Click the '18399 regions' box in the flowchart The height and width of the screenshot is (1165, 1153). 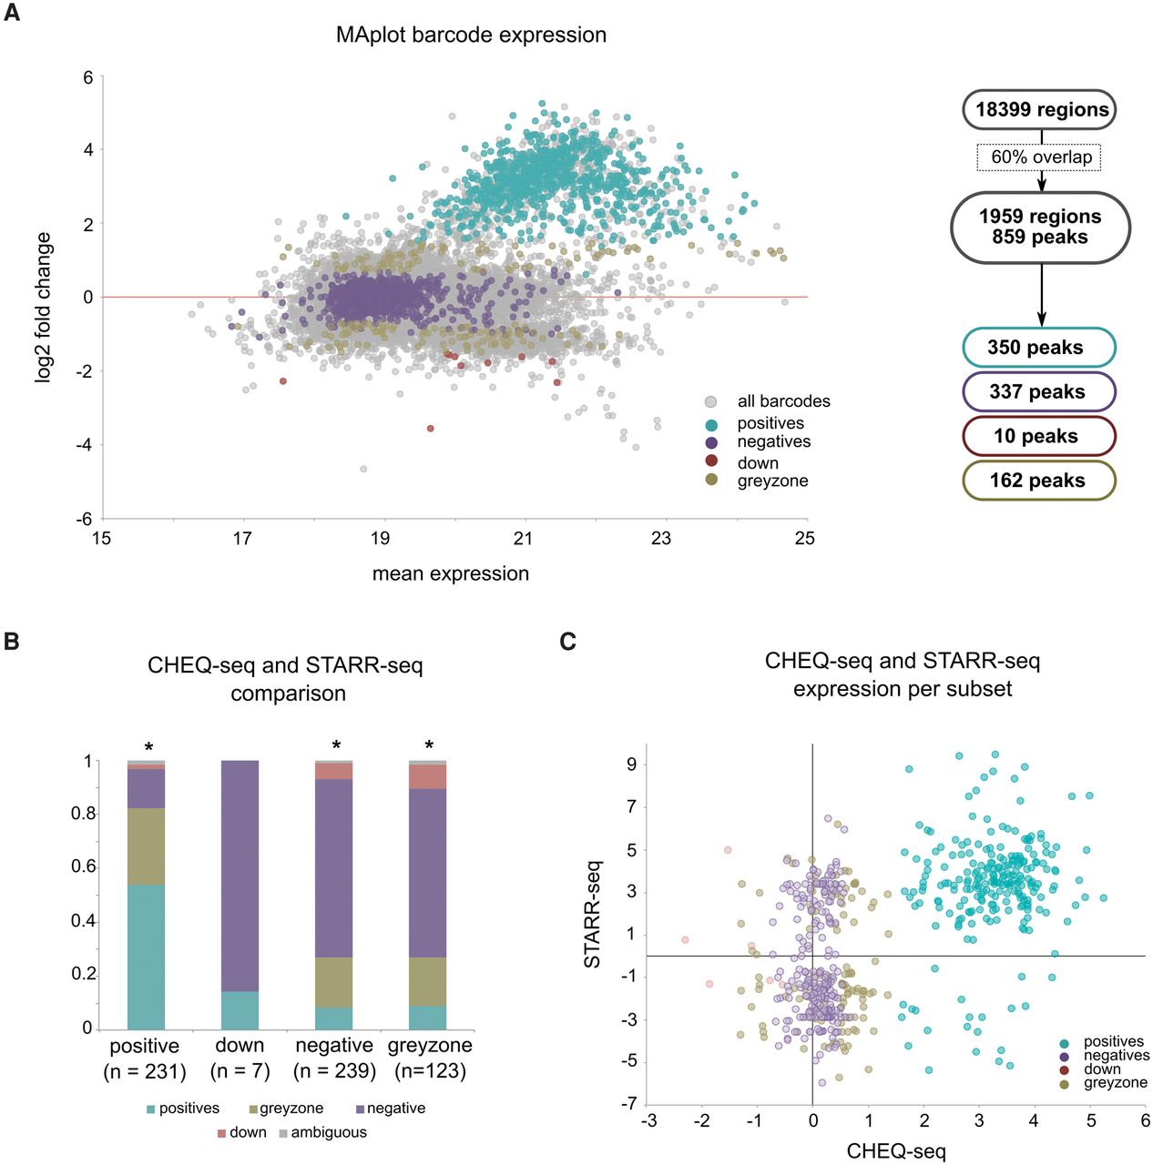1040,110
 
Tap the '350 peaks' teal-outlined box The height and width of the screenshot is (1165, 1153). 1038,348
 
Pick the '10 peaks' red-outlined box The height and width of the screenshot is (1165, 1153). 1038,436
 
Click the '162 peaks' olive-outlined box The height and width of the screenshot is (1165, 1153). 1038,481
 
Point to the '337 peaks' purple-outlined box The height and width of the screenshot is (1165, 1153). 1038,392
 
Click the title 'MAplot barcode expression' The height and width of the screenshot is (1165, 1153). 471,35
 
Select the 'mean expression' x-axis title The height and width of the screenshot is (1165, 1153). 450,573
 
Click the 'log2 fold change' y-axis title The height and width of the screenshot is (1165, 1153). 43,307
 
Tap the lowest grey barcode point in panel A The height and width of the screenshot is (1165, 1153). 363,469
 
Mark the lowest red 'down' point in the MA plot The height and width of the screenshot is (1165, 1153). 431,429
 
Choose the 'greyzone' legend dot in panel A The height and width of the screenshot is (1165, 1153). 711,480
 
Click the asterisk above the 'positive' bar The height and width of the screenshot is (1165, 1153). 148,747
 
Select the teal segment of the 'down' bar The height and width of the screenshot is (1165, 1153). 240,1010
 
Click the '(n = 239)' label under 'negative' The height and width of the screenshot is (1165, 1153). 334,1071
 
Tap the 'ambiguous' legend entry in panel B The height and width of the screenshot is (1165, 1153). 322,1132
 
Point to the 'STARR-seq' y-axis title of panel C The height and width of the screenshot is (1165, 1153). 592,913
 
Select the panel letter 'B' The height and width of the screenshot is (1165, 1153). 12,641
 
